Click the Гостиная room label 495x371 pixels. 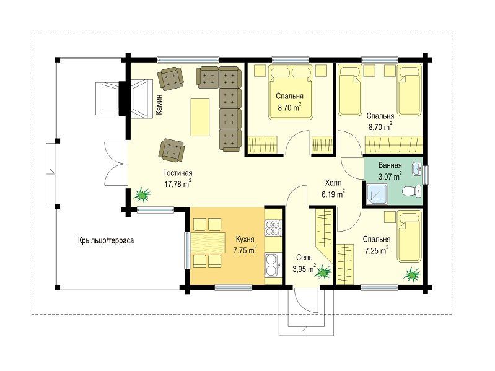click(177, 173)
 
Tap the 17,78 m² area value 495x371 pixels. click(178, 184)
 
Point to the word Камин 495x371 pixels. click(159, 104)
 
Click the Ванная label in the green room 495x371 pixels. click(390, 165)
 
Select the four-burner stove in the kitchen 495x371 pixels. click(273, 227)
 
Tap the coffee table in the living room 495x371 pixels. click(200, 117)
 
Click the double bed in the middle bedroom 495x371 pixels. click(291, 92)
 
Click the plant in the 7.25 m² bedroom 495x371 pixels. click(412, 274)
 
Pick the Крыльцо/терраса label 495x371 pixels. click(106, 240)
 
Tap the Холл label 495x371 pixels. click(333, 183)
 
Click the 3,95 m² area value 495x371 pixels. click(304, 268)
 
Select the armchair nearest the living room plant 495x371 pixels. click(171, 149)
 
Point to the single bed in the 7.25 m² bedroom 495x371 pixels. click(410, 236)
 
